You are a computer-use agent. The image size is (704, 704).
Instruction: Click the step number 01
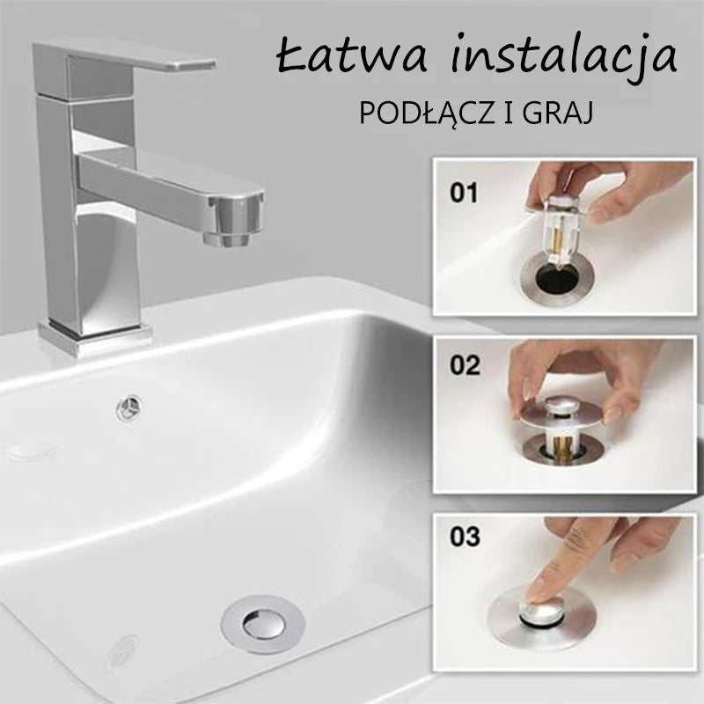pos(465,193)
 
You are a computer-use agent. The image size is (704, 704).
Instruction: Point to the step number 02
pos(466,365)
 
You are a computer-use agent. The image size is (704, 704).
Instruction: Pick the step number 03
pos(466,537)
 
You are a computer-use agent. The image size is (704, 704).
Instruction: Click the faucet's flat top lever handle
pos(125,57)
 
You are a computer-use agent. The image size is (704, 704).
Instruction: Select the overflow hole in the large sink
pos(129,407)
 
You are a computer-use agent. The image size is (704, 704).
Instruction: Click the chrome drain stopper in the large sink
pos(263,624)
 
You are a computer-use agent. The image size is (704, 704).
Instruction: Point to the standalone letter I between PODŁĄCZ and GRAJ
pos(510,114)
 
